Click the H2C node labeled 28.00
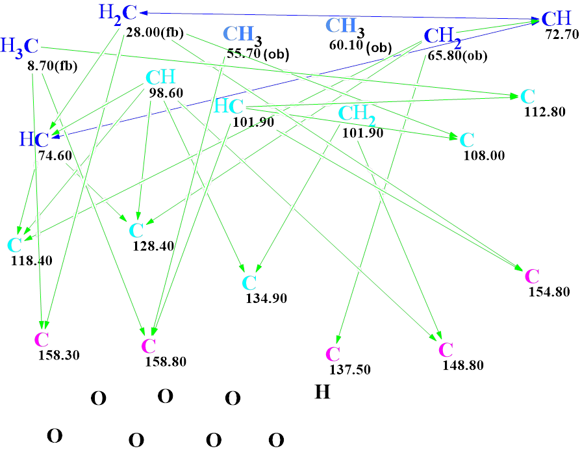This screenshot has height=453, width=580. [x=119, y=12]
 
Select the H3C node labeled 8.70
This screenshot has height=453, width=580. [x=19, y=46]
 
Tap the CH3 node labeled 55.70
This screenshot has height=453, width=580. [x=242, y=34]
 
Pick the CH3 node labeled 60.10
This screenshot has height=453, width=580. [x=344, y=26]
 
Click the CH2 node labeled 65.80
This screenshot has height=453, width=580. [x=443, y=36]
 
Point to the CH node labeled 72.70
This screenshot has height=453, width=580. [x=556, y=18]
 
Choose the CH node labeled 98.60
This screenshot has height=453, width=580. [x=160, y=78]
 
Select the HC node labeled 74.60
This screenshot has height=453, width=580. [x=34, y=139]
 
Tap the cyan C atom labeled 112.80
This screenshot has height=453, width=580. [x=527, y=97]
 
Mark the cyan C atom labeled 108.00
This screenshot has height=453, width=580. [x=466, y=140]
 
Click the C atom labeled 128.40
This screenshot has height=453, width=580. [x=136, y=230]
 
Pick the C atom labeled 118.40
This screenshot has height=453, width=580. [x=14, y=246]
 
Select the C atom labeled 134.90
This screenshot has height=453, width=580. [x=249, y=283]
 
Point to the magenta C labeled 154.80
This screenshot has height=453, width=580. [x=531, y=276]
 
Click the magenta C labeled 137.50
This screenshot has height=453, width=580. [x=333, y=354]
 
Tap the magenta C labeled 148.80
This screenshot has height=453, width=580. [x=446, y=350]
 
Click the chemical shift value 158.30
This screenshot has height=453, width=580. [x=58, y=356]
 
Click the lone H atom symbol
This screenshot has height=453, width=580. [x=322, y=392]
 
